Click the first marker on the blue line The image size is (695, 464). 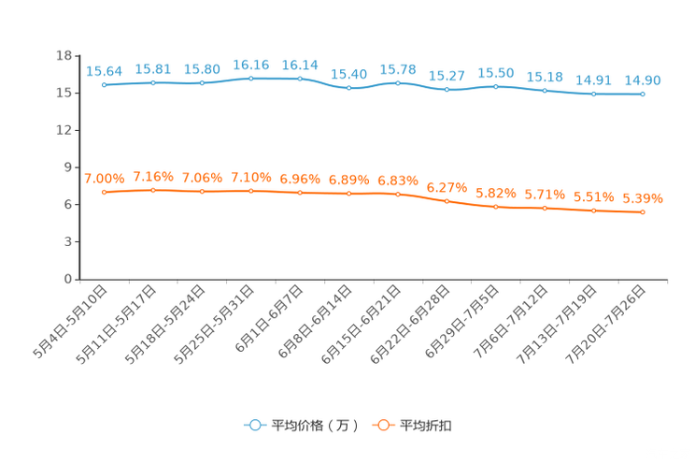click(105, 85)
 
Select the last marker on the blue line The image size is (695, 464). click(643, 94)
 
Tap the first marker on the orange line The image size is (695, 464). click(105, 192)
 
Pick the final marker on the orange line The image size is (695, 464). click(643, 212)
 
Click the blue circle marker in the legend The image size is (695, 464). click(254, 425)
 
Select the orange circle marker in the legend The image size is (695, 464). click(383, 425)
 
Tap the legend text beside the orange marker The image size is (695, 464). click(426, 426)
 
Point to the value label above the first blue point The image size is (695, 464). click(105, 71)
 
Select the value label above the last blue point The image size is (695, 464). click(643, 80)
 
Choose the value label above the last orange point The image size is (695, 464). click(643, 198)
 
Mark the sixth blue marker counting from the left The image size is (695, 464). click(349, 88)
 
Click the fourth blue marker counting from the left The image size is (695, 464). click(251, 79)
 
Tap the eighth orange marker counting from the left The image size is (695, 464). click(447, 201)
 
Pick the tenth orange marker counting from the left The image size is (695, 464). click(545, 209)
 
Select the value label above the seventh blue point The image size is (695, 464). click(398, 69)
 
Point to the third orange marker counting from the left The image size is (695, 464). click(203, 192)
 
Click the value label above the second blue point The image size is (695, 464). click(153, 69)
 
